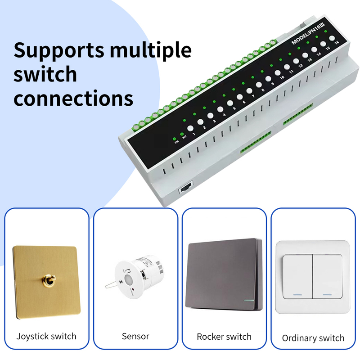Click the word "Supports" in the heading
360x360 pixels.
pos(58,50)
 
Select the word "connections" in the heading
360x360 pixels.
pos(73,98)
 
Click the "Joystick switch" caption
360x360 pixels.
pos(46,336)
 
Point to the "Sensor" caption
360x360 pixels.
pos(135,336)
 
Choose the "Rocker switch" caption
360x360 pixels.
pos(224,337)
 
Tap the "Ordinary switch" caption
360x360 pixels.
pos(313,338)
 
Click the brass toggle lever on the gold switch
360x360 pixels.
pos(46,281)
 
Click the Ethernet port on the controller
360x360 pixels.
pos(185,189)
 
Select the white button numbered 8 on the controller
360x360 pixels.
pos(259,85)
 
